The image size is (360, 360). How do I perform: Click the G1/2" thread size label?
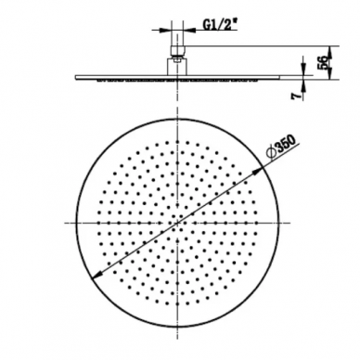(x=219, y=25)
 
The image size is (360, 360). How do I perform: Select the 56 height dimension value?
(x=322, y=63)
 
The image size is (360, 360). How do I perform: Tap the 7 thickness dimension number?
(x=296, y=96)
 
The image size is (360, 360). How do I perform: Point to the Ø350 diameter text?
(x=282, y=147)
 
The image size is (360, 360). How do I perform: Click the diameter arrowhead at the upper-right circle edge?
(x=258, y=172)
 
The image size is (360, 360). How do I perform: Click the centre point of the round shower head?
(x=177, y=223)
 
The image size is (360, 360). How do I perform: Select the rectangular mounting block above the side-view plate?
(x=177, y=67)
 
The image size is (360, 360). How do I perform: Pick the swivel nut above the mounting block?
(x=177, y=52)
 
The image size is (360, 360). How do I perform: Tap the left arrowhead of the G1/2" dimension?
(x=166, y=31)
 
